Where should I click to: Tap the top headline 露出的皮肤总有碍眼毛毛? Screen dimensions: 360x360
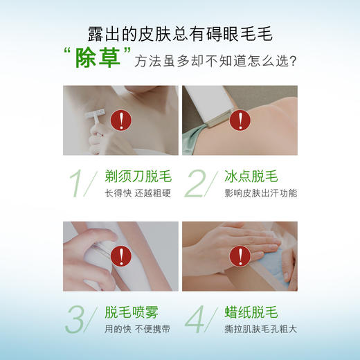click(180, 33)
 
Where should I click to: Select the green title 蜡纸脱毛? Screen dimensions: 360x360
click(251, 311)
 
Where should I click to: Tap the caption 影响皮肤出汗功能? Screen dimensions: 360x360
click(260, 193)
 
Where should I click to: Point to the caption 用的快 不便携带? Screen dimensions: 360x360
click(137, 328)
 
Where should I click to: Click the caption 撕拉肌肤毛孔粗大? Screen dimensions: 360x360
click(260, 328)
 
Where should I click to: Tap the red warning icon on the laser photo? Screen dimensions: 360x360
click(240, 120)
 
